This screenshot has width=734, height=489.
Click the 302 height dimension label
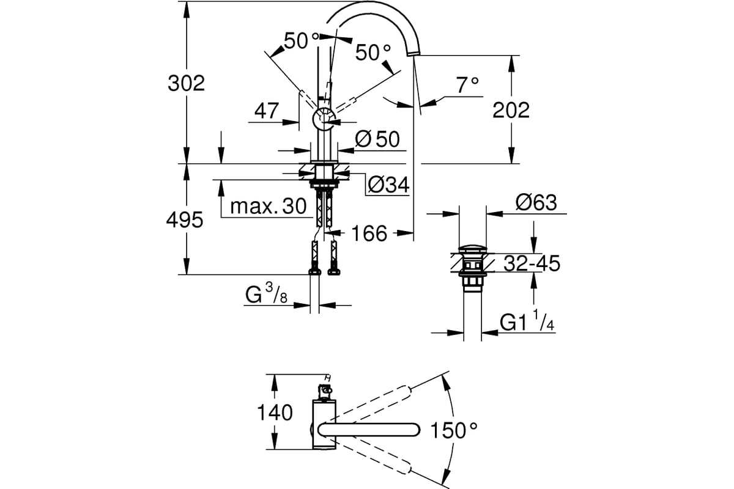(x=187, y=83)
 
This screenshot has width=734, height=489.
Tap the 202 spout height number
(x=511, y=110)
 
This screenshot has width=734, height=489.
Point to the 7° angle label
(x=466, y=86)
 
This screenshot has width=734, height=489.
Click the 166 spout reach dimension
(x=369, y=233)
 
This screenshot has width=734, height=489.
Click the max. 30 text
(x=268, y=207)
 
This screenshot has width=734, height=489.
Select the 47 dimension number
(x=267, y=111)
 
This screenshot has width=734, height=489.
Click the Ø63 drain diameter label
(x=536, y=202)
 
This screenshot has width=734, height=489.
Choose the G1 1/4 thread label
(x=527, y=322)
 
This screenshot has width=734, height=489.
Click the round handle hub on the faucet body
(x=324, y=119)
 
